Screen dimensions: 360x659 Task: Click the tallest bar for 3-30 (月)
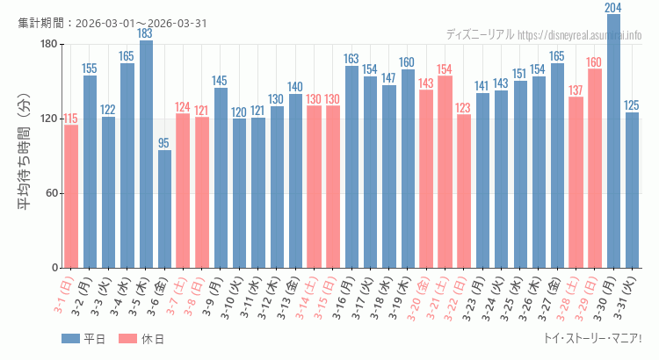click(613, 140)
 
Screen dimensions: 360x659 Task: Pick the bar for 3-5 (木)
click(146, 154)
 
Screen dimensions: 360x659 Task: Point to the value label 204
click(613, 8)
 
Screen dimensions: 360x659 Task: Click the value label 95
click(164, 143)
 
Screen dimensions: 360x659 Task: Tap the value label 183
click(146, 33)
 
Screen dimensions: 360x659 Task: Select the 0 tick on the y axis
click(54, 268)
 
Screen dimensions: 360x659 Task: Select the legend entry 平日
click(83, 339)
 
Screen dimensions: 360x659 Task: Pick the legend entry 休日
click(141, 339)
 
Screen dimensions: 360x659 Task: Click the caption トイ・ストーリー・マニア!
click(593, 339)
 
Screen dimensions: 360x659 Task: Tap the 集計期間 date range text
click(112, 23)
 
